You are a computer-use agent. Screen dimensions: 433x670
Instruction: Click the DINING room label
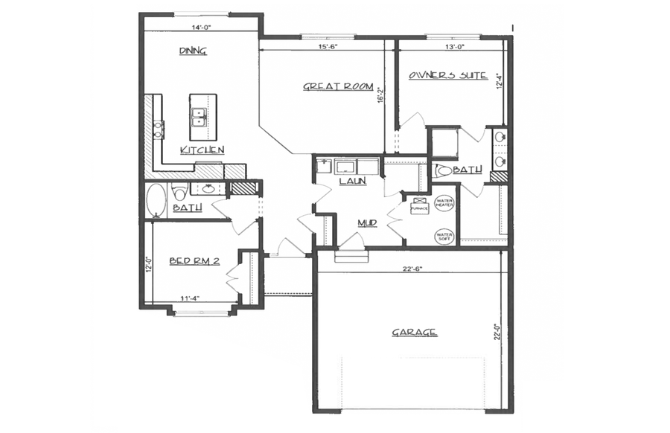click(193, 51)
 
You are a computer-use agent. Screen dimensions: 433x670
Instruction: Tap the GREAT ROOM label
click(337, 86)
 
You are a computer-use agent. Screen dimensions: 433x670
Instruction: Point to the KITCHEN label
click(202, 150)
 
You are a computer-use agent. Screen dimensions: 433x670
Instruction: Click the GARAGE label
click(414, 333)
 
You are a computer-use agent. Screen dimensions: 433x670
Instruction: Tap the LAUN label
click(351, 181)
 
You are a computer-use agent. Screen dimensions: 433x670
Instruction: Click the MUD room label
click(366, 222)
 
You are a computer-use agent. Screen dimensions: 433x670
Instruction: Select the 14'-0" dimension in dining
click(201, 27)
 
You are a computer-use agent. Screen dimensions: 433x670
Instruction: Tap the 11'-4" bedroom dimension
click(190, 299)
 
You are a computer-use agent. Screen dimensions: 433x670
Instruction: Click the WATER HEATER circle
click(444, 203)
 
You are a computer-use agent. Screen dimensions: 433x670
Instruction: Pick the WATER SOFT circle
click(444, 237)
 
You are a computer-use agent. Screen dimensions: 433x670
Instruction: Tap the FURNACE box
click(419, 206)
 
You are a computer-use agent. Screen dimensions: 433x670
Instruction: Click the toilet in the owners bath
click(444, 170)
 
